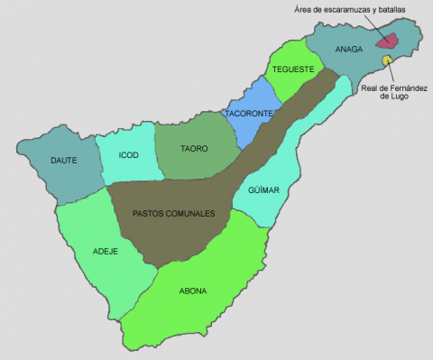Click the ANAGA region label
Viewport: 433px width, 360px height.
(x=348, y=50)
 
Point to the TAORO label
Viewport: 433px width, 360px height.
(x=194, y=148)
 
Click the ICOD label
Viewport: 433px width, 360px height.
(x=129, y=155)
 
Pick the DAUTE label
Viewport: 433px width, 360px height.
(x=63, y=161)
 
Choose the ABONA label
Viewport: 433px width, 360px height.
(x=193, y=291)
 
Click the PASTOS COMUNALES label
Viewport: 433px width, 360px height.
(x=173, y=214)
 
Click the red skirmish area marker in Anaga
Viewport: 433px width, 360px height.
(x=388, y=41)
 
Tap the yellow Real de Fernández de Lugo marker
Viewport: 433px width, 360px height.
(x=386, y=60)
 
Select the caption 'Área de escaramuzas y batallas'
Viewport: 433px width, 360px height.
(x=350, y=9)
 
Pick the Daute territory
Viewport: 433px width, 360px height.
(x=63, y=176)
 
